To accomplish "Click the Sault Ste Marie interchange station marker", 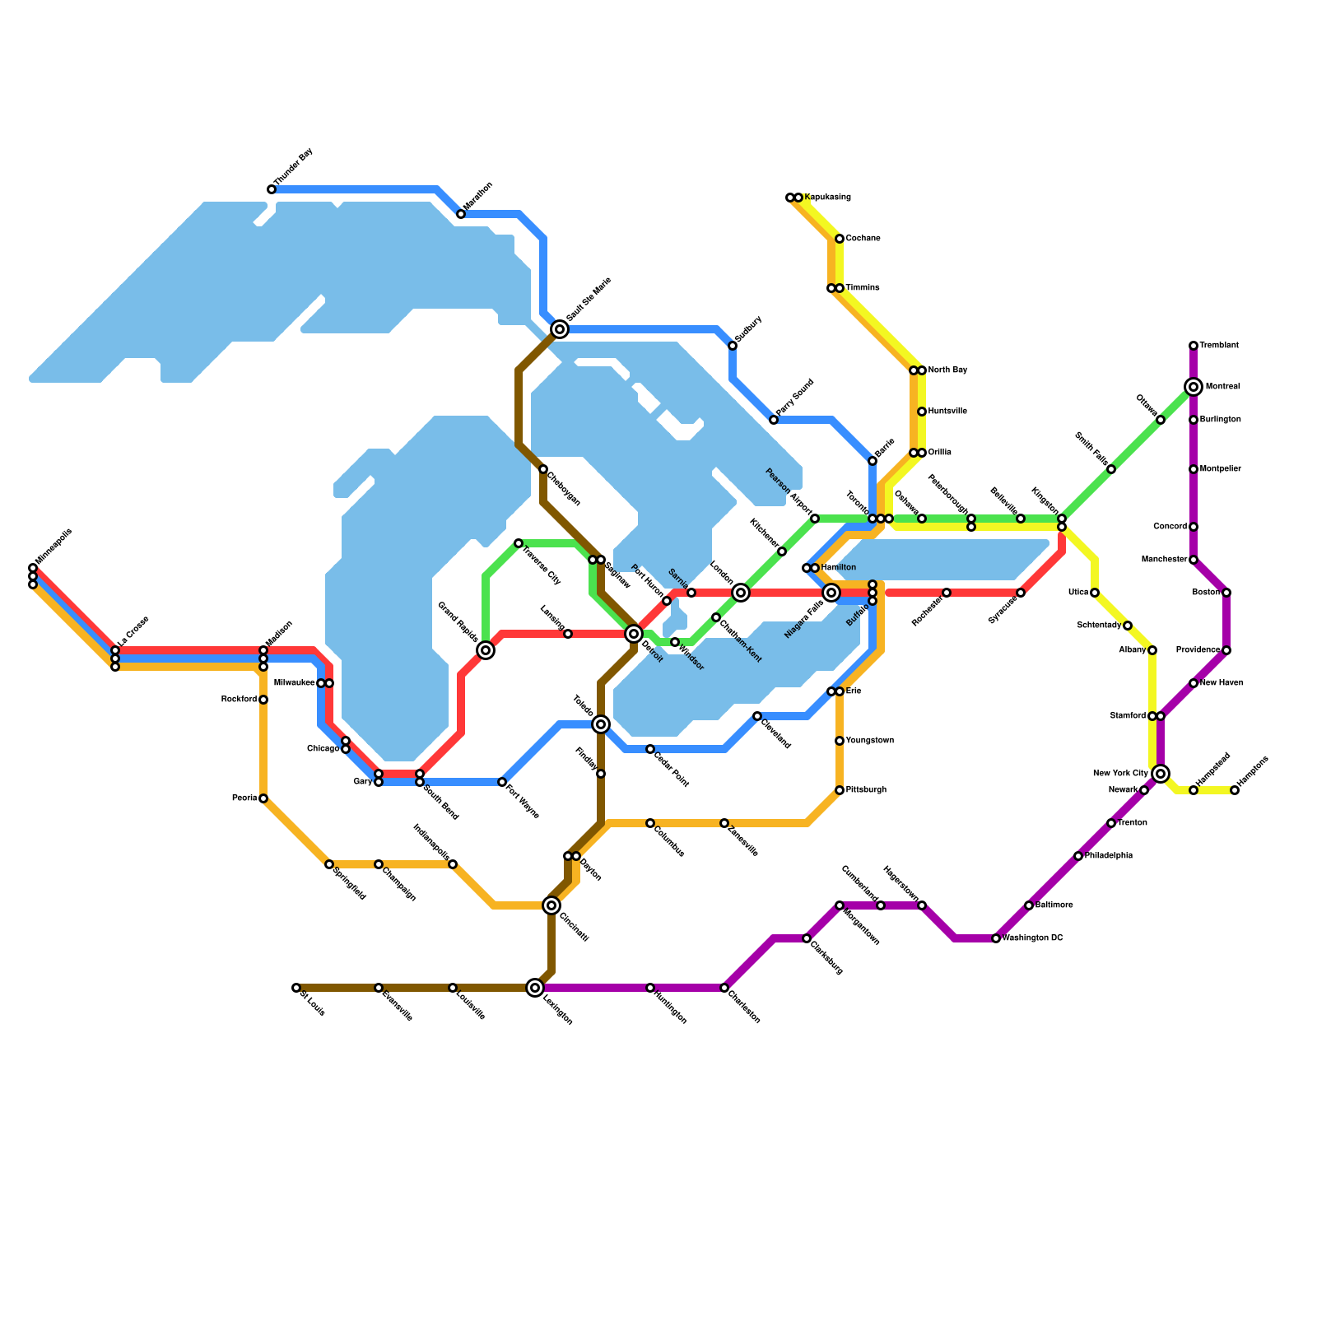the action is [560, 329].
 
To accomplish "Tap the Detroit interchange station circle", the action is [634, 634].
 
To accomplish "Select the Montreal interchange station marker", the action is [1194, 387].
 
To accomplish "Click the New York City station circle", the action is [1161, 774].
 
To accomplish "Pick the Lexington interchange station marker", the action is [535, 988].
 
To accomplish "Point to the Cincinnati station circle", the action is [551, 905].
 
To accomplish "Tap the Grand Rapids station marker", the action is [486, 650].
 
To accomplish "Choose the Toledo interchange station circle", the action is [601, 724].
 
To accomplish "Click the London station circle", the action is [741, 593].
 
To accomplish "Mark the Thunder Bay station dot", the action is [272, 189].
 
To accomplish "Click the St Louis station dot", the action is [296, 988].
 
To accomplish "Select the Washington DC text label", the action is [1033, 938].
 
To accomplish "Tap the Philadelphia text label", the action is [1109, 856].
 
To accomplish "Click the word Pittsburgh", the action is [866, 790].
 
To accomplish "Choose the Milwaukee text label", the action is [294, 683].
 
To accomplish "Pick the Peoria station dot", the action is [263, 798].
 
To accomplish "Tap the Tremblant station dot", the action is [1194, 346].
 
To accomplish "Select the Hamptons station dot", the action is [1235, 790].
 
